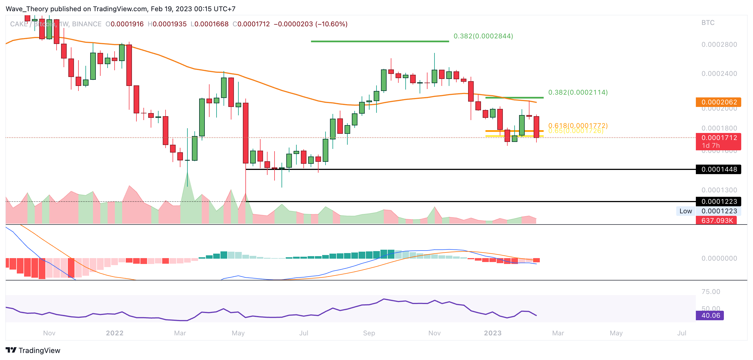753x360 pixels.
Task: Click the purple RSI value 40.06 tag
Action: [710, 315]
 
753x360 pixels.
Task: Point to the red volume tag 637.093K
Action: [717, 220]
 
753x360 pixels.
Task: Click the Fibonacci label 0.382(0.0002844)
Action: [483, 36]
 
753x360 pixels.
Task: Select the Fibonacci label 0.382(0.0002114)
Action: [578, 92]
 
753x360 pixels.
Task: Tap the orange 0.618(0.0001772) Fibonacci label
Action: [578, 125]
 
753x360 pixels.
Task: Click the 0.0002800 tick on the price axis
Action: [719, 45]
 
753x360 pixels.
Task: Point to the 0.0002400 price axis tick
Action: [719, 74]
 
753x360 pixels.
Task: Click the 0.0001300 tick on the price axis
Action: [719, 190]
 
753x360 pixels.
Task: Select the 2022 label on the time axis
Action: [115, 333]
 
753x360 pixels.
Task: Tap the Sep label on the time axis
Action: [369, 333]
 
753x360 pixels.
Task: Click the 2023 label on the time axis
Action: [492, 333]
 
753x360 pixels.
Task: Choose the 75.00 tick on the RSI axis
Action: [711, 292]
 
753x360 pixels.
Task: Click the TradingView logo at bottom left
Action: [33, 350]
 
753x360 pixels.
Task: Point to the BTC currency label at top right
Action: [708, 23]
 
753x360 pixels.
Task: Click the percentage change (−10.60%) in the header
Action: [331, 24]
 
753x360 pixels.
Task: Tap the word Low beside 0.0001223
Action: [685, 211]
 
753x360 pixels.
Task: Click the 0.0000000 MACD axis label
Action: [719, 258]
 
